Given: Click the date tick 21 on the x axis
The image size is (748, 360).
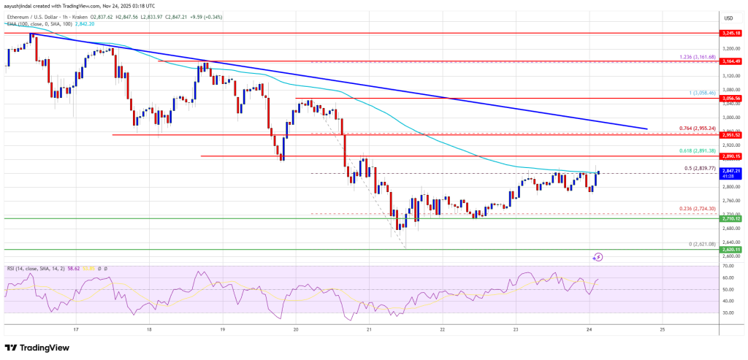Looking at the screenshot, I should point(369,329).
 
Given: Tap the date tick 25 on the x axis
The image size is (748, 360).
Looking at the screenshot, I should point(661,329).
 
